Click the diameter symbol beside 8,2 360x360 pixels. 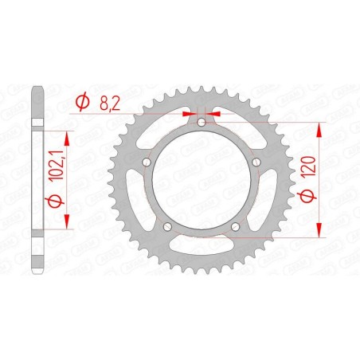pyautogui.click(x=81, y=102)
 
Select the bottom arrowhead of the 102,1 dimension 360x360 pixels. pyautogui.click(x=67, y=225)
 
